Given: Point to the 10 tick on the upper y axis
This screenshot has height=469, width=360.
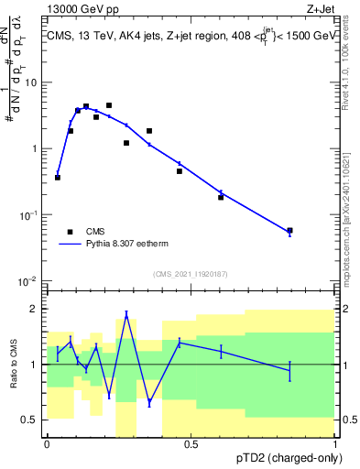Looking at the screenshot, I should pyautogui.click(x=34, y=82).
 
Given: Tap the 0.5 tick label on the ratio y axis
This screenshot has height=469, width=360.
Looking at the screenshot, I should pyautogui.click(x=32, y=420).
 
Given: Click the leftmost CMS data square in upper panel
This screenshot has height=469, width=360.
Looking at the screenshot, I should pyautogui.click(x=58, y=177).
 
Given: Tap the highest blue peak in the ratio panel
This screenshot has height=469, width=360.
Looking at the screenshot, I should pyautogui.click(x=126, y=315).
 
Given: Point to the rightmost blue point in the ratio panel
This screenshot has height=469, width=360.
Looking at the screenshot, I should pyautogui.click(x=290, y=370).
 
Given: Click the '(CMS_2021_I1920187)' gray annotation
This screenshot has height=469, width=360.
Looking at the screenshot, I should pyautogui.click(x=191, y=273).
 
